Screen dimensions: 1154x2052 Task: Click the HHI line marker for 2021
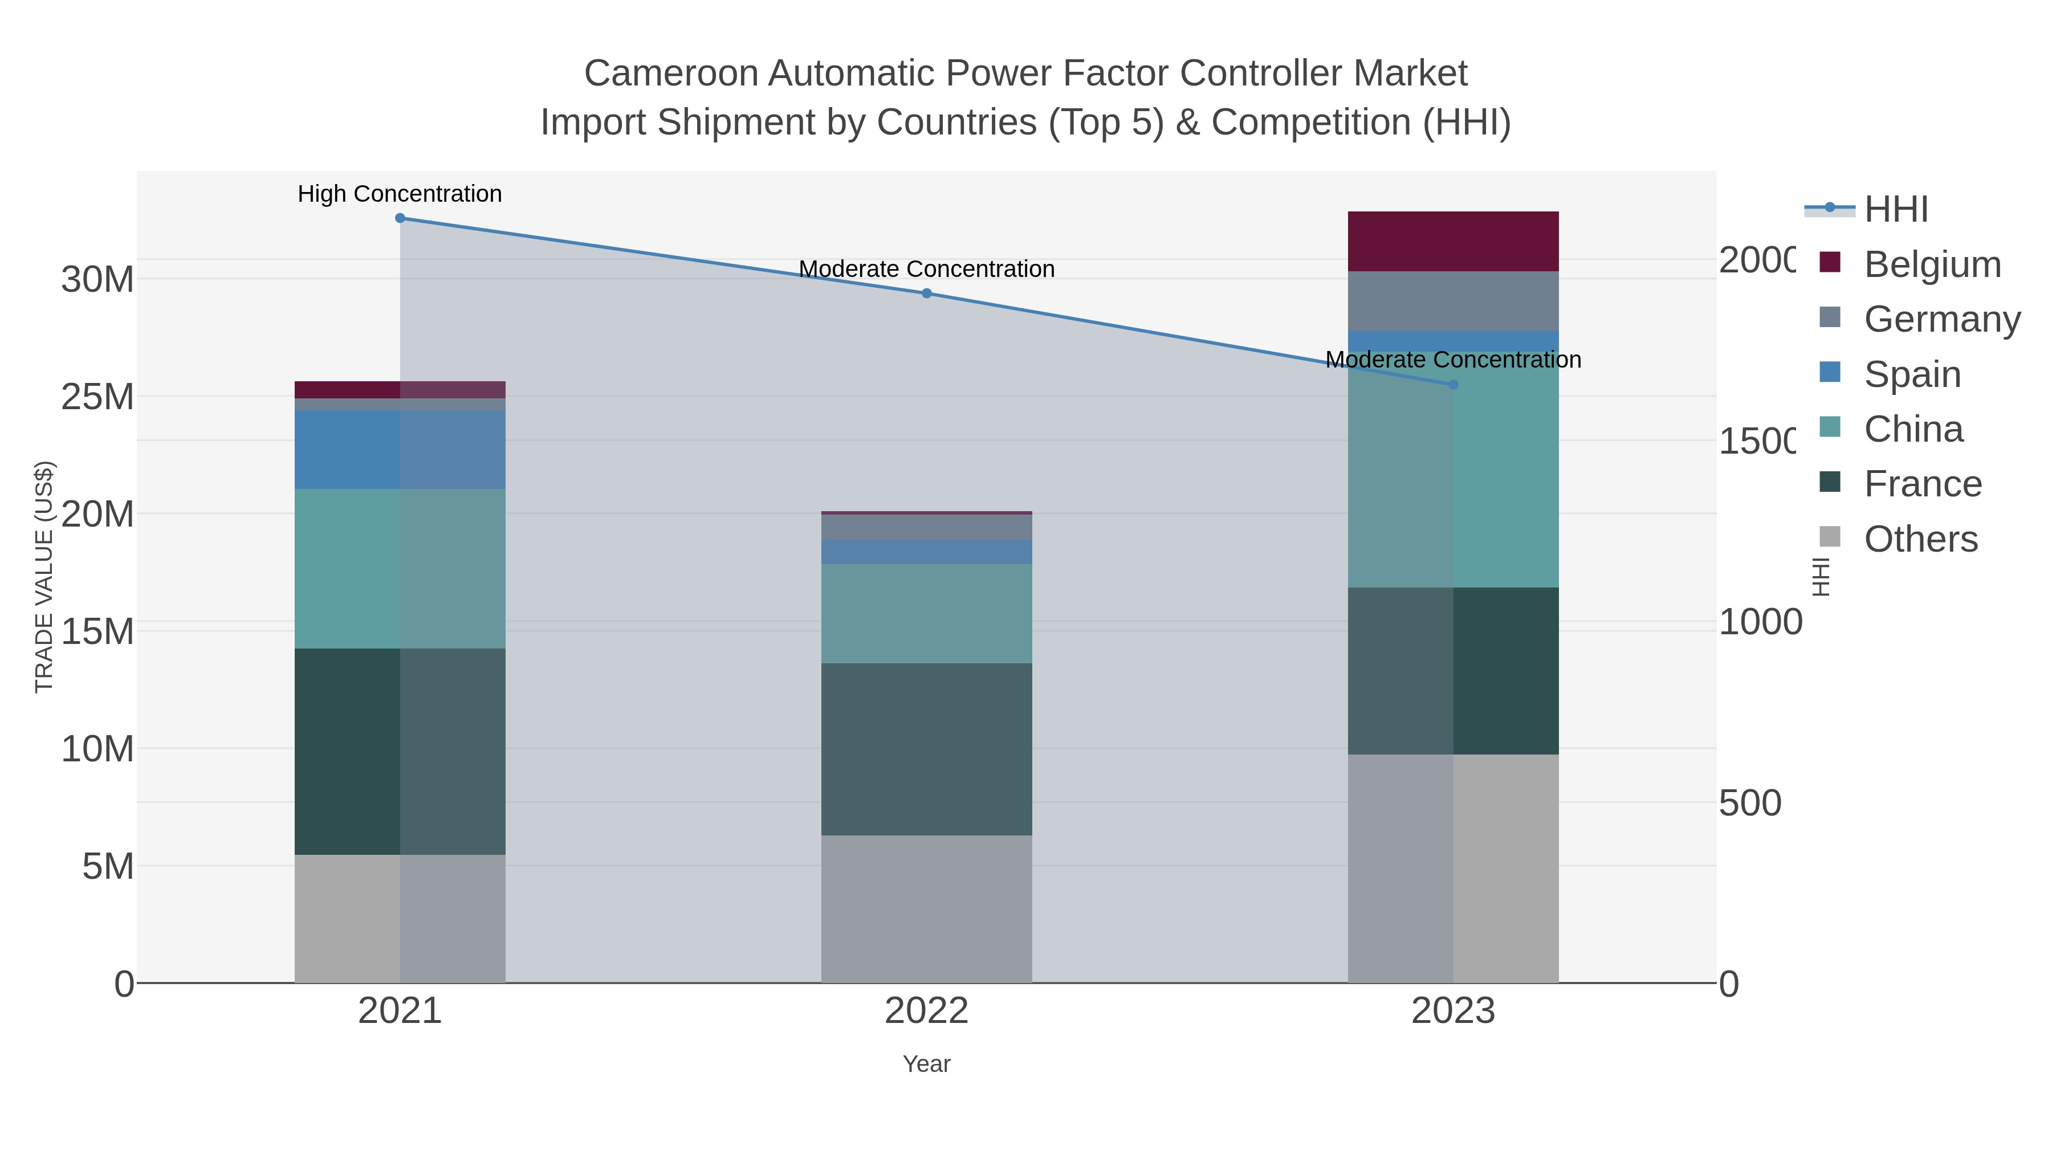(x=400, y=218)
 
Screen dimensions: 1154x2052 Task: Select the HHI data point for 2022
(x=926, y=293)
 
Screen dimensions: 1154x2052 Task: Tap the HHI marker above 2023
(x=1453, y=385)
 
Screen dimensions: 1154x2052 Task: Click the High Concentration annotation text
(x=400, y=194)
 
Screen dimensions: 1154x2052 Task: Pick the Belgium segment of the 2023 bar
(x=1453, y=241)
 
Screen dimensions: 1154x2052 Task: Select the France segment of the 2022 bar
(x=926, y=749)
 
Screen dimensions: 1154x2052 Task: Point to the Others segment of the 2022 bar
(x=926, y=908)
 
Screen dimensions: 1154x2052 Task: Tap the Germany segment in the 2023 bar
(x=1453, y=301)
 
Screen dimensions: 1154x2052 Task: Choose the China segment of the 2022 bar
(x=926, y=613)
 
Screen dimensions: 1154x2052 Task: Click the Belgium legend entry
(x=1932, y=264)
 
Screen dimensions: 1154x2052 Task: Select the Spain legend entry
(x=1912, y=374)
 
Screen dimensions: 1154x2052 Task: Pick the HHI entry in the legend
(x=1896, y=210)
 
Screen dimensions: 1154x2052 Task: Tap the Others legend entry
(x=1920, y=539)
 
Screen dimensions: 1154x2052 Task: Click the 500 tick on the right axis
(x=1749, y=803)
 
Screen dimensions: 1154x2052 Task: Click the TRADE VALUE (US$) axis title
(x=44, y=577)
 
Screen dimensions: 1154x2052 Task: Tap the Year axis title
(x=926, y=1064)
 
